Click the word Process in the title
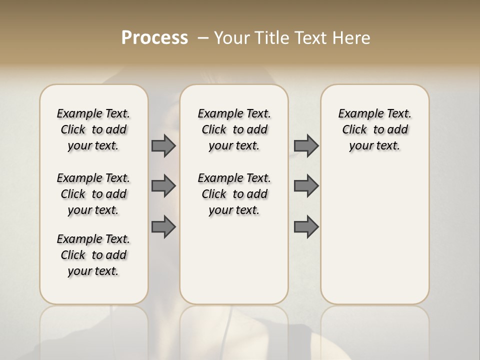click(154, 38)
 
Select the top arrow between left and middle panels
click(163, 145)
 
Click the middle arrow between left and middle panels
click(163, 186)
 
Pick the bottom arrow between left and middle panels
click(163, 227)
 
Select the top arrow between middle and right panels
click(306, 145)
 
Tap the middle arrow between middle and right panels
click(306, 186)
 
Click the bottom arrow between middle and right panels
click(306, 227)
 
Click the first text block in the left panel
click(93, 129)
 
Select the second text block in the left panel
click(93, 194)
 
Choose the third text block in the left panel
click(93, 255)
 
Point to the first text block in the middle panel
click(234, 129)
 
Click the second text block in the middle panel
click(234, 194)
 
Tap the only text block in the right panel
click(374, 129)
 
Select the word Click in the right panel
click(354, 130)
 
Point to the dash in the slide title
click(203, 38)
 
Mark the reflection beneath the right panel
click(374, 330)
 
